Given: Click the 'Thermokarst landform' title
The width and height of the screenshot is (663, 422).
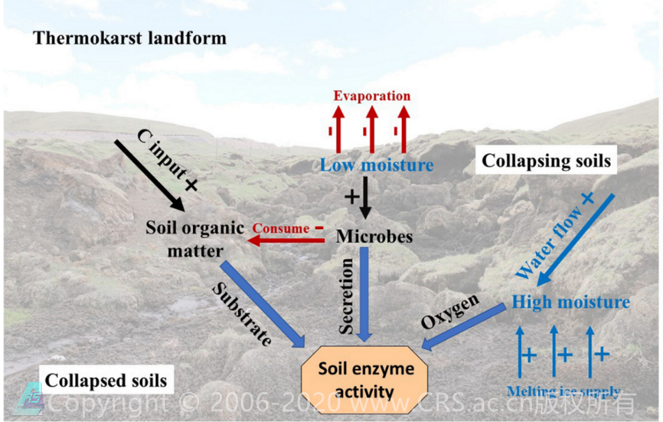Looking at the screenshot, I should point(130,38).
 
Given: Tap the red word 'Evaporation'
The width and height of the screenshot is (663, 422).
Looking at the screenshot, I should point(372,95).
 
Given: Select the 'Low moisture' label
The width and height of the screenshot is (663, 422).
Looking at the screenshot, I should point(377,165).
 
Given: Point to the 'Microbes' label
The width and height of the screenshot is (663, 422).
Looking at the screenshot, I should point(375,236).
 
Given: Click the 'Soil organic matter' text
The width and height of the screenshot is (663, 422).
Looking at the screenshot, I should point(195,238).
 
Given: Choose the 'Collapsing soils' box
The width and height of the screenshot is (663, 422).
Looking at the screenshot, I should point(547,161).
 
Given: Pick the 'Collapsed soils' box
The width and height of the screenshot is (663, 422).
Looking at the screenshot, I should point(106,380).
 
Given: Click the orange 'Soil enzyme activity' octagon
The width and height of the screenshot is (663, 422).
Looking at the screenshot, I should point(366,380).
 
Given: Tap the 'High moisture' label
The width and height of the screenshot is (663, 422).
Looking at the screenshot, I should point(571,302).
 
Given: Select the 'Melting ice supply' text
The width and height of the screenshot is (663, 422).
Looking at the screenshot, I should point(564,392).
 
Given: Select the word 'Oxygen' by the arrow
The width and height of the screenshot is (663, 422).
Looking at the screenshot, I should point(451,311).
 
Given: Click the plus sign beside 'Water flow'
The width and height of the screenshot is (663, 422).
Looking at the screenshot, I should point(587,198).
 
